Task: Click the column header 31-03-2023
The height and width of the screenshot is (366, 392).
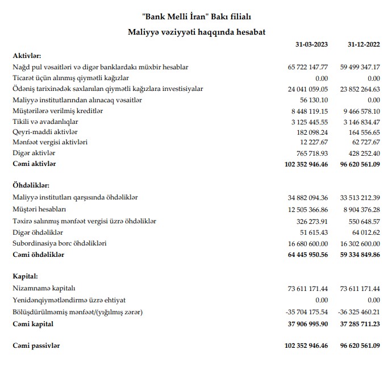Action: (x=312, y=44)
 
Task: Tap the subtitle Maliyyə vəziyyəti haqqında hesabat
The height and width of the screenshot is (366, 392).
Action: (x=196, y=32)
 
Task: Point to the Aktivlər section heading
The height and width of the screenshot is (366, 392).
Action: (x=27, y=56)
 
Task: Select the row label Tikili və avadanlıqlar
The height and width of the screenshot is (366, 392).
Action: (x=45, y=121)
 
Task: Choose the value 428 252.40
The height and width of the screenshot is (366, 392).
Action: (x=362, y=153)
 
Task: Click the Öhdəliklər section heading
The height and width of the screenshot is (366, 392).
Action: (x=31, y=186)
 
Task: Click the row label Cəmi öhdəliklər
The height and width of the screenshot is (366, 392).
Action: (x=39, y=255)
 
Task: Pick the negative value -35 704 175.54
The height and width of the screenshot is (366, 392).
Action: (x=306, y=313)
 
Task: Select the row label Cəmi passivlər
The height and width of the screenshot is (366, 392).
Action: (x=36, y=346)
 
